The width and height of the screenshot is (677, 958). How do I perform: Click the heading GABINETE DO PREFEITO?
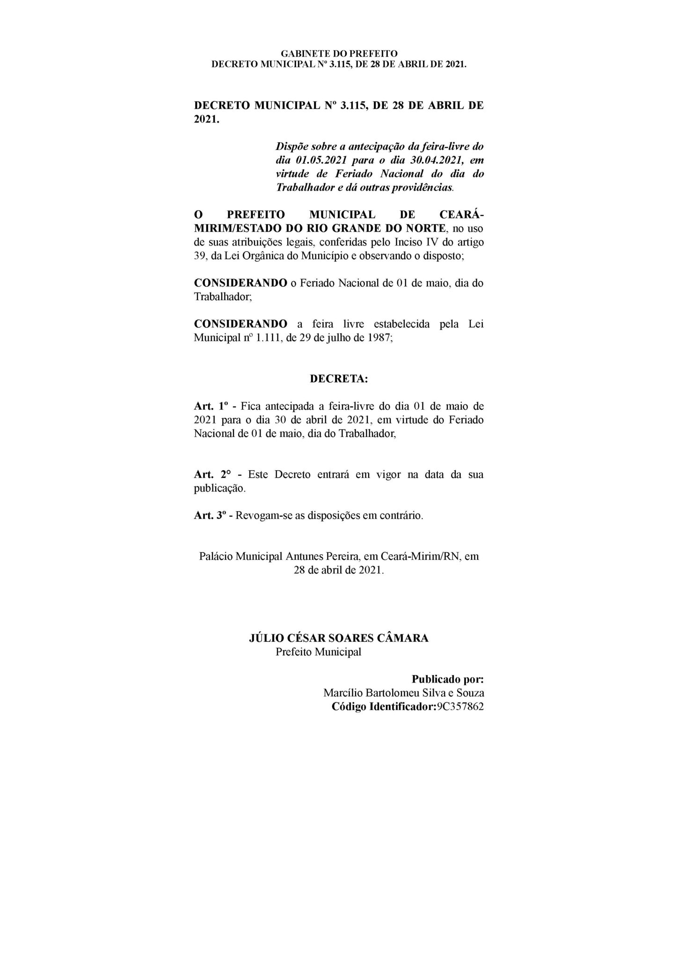tap(339, 54)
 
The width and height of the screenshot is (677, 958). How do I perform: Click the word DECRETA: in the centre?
tap(339, 379)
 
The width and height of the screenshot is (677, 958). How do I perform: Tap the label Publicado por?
tap(447, 679)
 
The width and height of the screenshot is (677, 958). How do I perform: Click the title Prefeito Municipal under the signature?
tap(318, 652)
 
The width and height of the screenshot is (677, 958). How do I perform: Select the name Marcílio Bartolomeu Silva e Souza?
tap(403, 693)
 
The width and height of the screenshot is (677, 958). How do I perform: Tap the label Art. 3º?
tap(210, 516)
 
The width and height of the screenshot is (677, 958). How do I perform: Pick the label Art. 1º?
tap(210, 406)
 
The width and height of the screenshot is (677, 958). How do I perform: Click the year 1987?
tap(380, 338)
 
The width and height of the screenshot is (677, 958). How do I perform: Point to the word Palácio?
tap(216, 557)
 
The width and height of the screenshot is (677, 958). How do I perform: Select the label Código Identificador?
tap(383, 706)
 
